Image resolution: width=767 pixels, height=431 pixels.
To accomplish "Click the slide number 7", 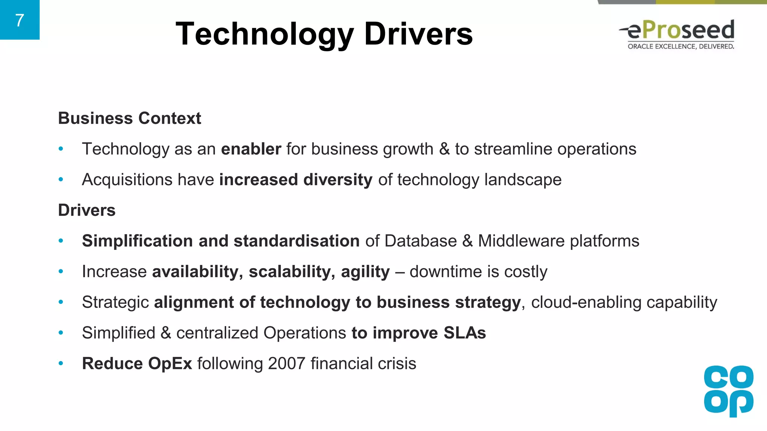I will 19,20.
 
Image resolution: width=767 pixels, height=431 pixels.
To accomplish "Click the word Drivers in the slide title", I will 418,34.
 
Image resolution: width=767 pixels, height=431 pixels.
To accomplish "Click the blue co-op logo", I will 728,391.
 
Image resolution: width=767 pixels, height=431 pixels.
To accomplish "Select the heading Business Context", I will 130,118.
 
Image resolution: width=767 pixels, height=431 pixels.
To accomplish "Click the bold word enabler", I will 251,149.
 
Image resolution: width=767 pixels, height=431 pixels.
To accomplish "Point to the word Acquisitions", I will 127,180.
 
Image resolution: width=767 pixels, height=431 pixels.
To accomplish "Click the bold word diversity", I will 338,180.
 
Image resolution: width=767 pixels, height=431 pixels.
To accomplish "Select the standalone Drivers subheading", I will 87,210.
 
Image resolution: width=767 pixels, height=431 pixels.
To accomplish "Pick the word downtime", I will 440,272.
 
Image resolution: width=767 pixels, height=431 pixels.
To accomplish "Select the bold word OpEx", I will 170,364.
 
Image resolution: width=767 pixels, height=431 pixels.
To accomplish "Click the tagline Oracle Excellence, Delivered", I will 680,46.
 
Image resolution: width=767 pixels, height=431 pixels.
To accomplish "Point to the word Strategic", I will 115,302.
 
